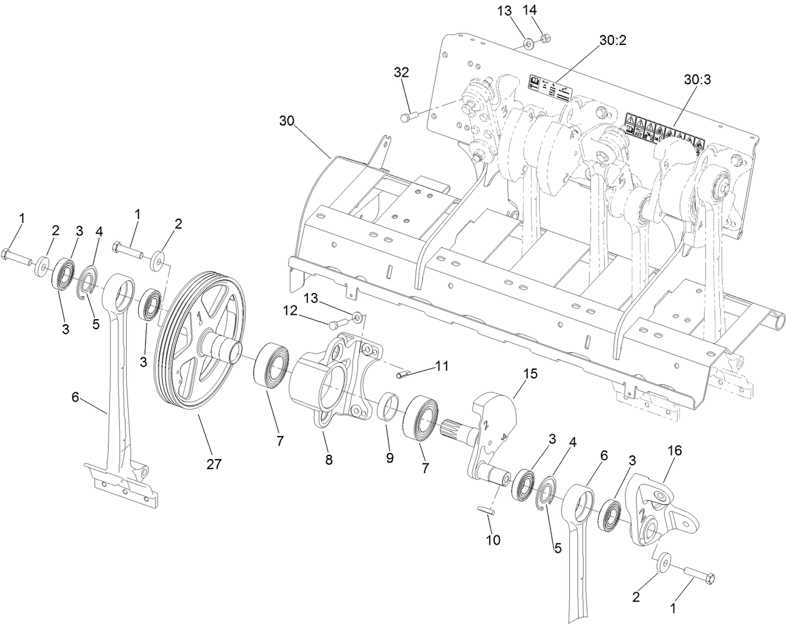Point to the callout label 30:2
[x=612, y=40]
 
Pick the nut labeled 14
[x=544, y=38]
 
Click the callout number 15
[x=530, y=374]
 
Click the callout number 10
[x=493, y=540]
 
